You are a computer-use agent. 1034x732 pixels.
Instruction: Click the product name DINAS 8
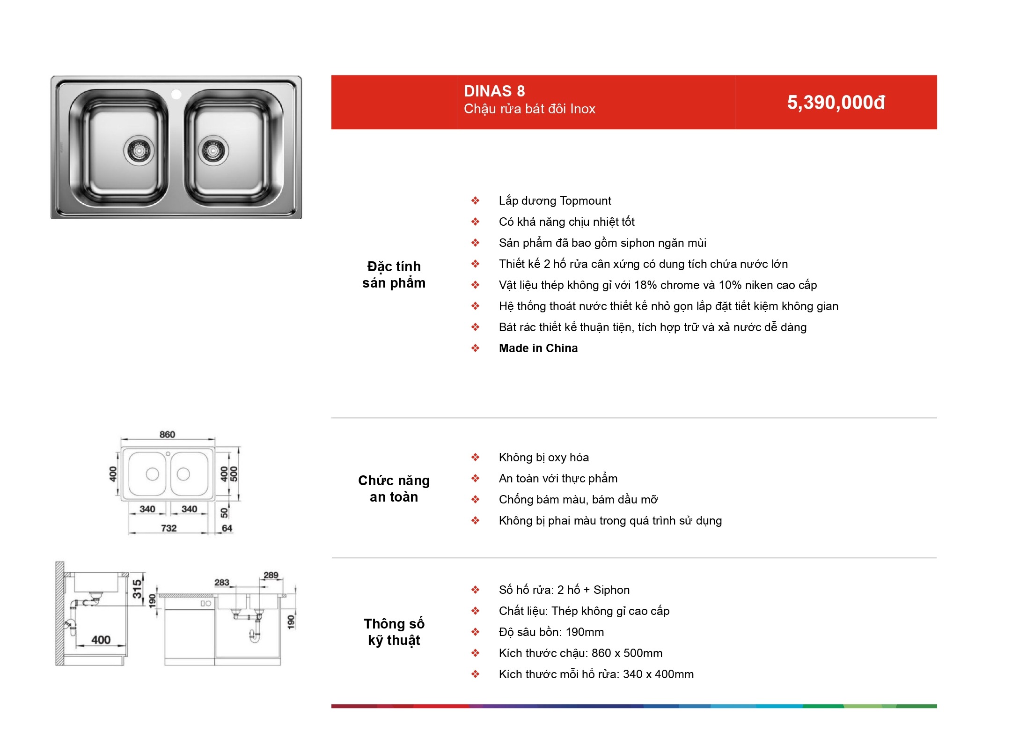(x=494, y=91)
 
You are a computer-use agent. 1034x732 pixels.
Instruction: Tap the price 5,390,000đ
(x=836, y=103)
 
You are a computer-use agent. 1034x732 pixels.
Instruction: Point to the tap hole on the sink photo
(x=176, y=95)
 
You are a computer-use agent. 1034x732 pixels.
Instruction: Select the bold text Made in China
(x=538, y=348)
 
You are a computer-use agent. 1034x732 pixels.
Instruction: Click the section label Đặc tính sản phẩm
(x=394, y=274)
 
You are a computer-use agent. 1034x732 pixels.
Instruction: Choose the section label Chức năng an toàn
(x=394, y=488)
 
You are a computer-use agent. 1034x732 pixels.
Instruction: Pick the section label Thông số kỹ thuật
(x=394, y=632)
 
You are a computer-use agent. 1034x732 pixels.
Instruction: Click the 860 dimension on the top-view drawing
(x=167, y=434)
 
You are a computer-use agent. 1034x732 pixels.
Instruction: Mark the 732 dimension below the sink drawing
(x=169, y=528)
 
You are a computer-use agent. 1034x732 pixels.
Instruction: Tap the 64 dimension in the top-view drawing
(x=227, y=528)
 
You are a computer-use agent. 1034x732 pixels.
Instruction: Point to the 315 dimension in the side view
(x=137, y=589)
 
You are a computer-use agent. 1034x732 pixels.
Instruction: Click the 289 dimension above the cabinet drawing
(x=271, y=575)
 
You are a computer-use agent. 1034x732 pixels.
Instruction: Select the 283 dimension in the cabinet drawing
(x=222, y=582)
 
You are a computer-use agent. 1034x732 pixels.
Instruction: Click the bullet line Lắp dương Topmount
(x=555, y=201)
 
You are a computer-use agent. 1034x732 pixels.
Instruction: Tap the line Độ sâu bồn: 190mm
(x=551, y=632)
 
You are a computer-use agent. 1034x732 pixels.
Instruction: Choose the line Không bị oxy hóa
(x=544, y=457)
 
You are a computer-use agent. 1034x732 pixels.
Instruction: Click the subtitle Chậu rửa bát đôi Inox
(x=529, y=109)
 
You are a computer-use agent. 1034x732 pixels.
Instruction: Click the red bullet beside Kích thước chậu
(x=475, y=653)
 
